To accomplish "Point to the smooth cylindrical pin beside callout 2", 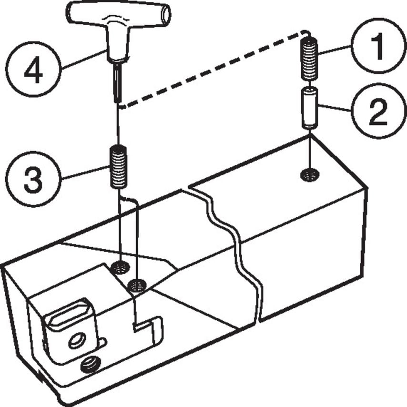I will click(310, 108).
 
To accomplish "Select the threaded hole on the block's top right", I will click(310, 175).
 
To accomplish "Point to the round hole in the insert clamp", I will click(75, 340).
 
